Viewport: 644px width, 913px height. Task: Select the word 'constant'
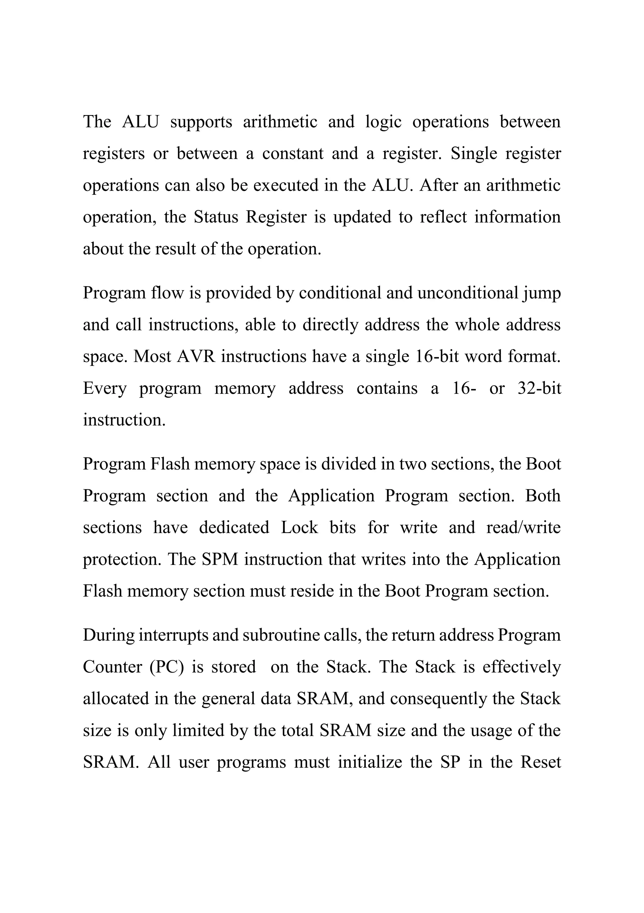293,154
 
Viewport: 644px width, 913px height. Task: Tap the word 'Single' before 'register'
474,154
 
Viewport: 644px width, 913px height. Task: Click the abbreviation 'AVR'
196,357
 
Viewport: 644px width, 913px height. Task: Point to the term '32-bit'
540,388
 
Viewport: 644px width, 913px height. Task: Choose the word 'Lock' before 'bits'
300,528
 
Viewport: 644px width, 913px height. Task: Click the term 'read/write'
523,528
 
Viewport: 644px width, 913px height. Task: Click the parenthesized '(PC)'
167,667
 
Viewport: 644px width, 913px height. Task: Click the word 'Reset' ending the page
540,762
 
